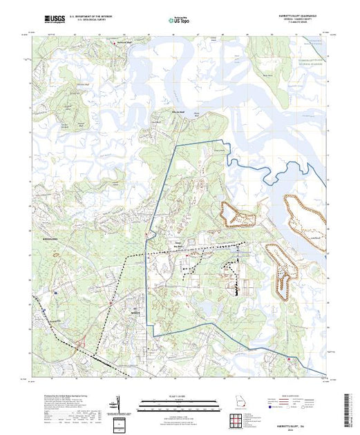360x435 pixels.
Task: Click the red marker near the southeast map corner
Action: tap(288, 358)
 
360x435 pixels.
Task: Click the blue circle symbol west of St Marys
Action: tap(56, 292)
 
